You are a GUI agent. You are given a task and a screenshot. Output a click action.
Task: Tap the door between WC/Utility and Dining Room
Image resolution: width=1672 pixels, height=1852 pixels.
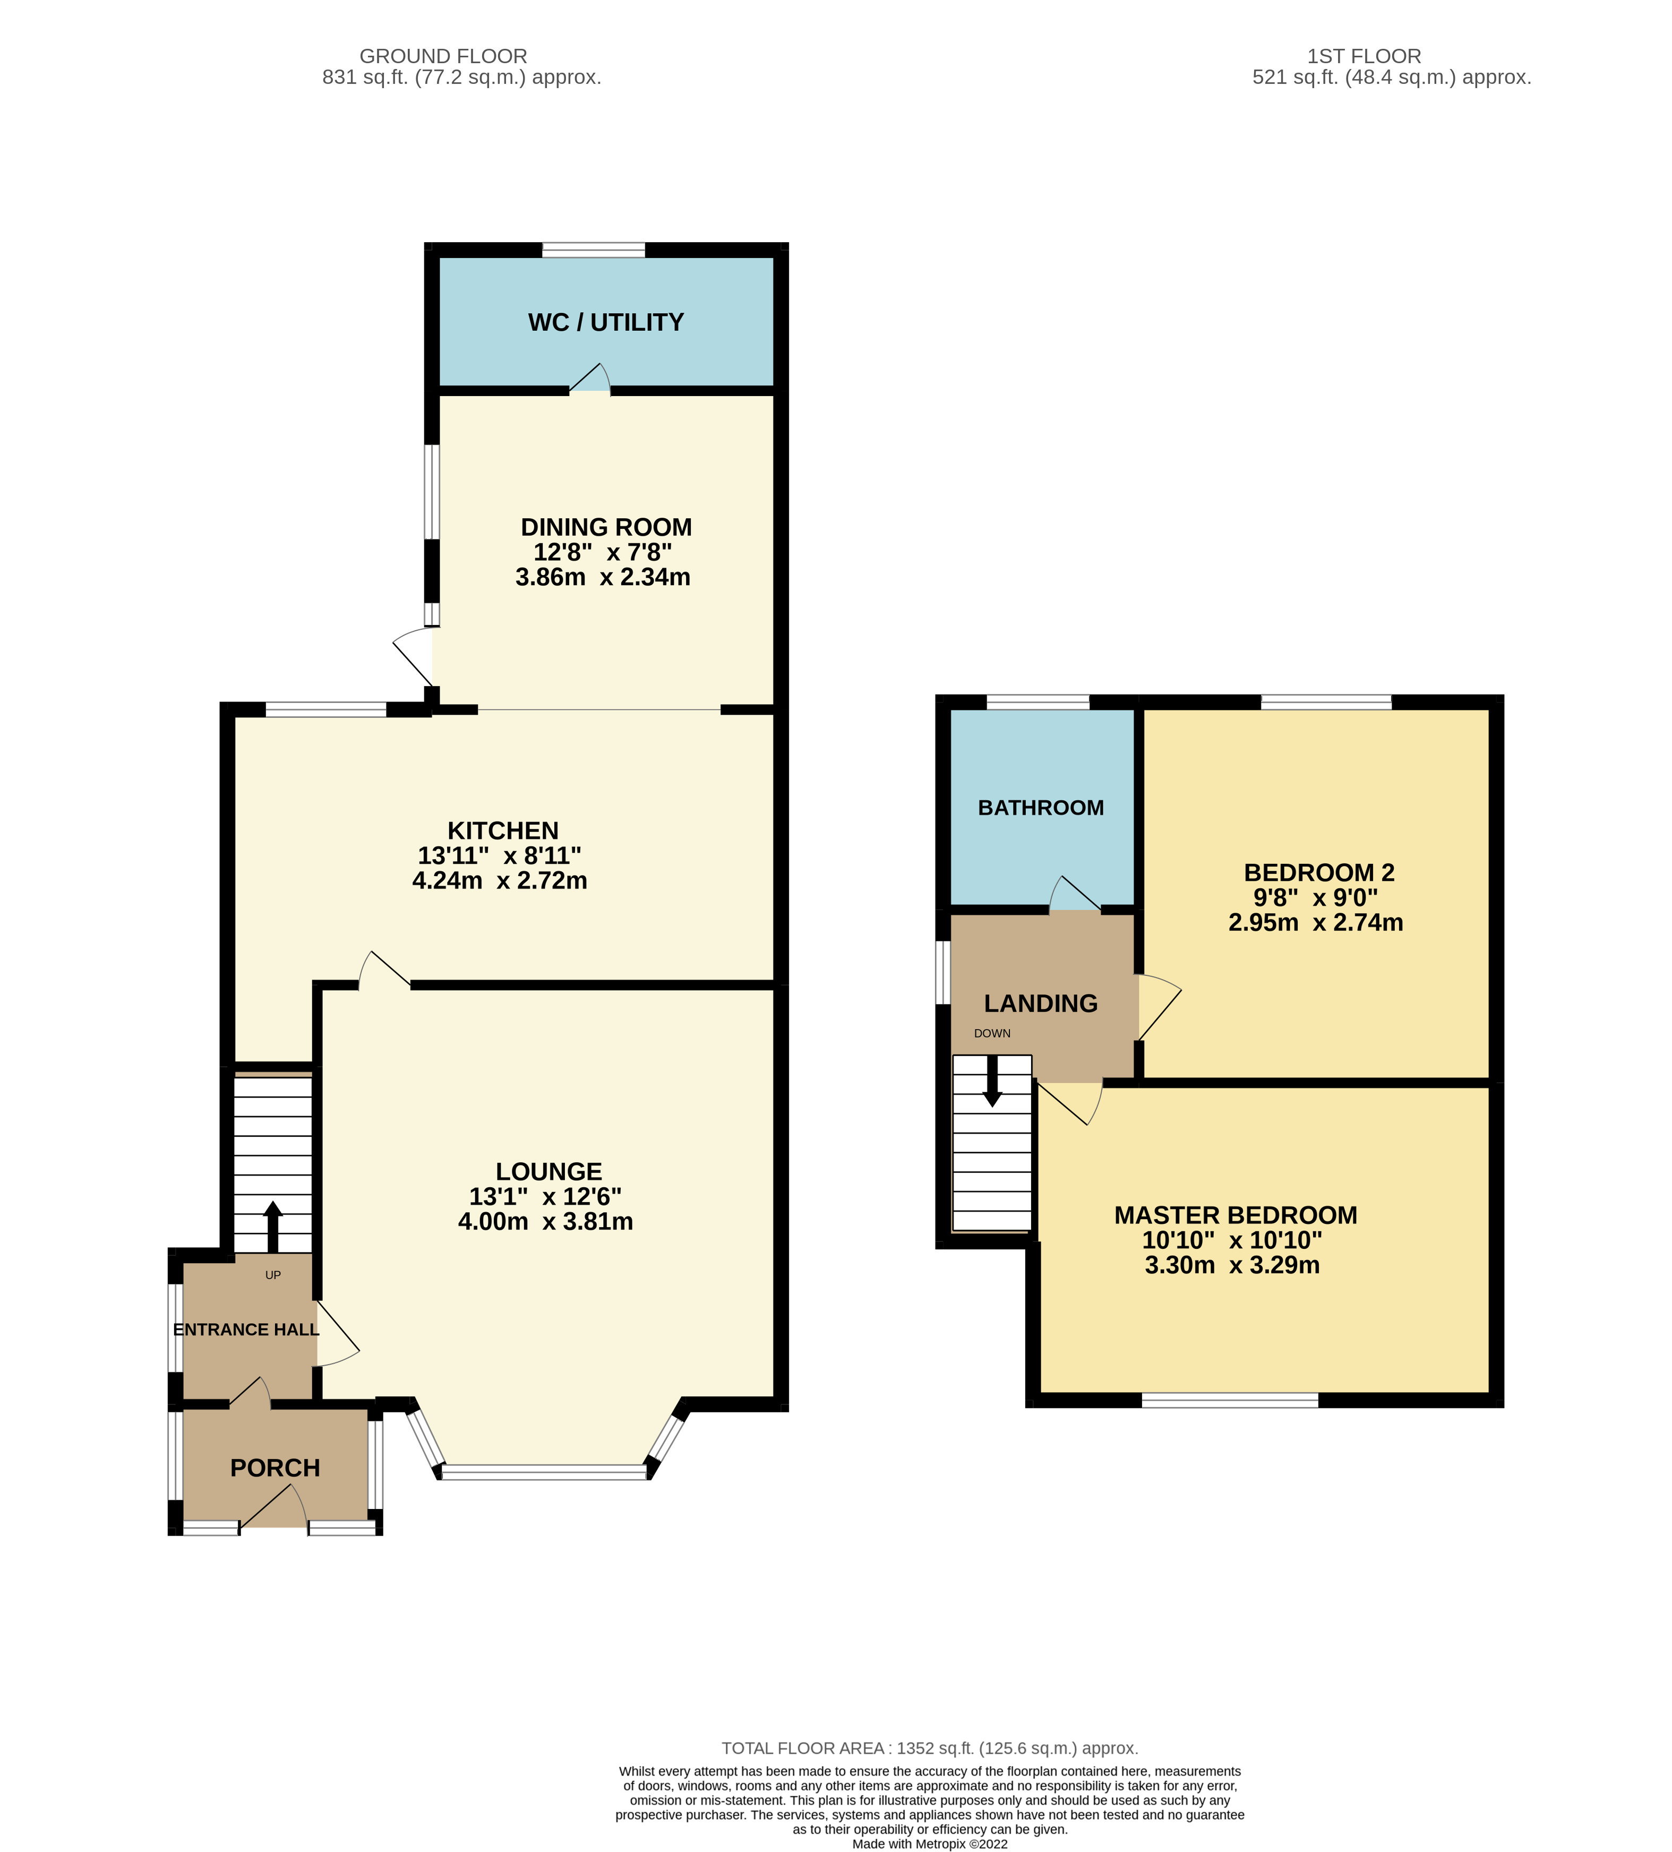click(591, 380)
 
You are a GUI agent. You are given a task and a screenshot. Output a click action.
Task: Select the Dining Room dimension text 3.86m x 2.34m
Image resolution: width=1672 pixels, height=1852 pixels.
click(603, 577)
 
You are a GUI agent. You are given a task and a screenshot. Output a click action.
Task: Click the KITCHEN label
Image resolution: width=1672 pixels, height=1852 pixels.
click(502, 830)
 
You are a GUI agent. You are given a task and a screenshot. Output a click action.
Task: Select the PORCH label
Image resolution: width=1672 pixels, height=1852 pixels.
click(275, 1468)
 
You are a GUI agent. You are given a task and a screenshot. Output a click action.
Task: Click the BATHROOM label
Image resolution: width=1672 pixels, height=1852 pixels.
click(1040, 808)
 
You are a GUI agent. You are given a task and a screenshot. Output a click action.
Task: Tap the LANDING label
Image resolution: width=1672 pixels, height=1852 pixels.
click(1040, 1003)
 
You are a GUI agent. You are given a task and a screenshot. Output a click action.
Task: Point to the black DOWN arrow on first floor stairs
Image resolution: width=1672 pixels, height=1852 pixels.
click(992, 1081)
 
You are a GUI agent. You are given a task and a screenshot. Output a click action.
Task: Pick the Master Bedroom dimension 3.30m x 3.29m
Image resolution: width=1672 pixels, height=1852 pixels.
click(1232, 1265)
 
